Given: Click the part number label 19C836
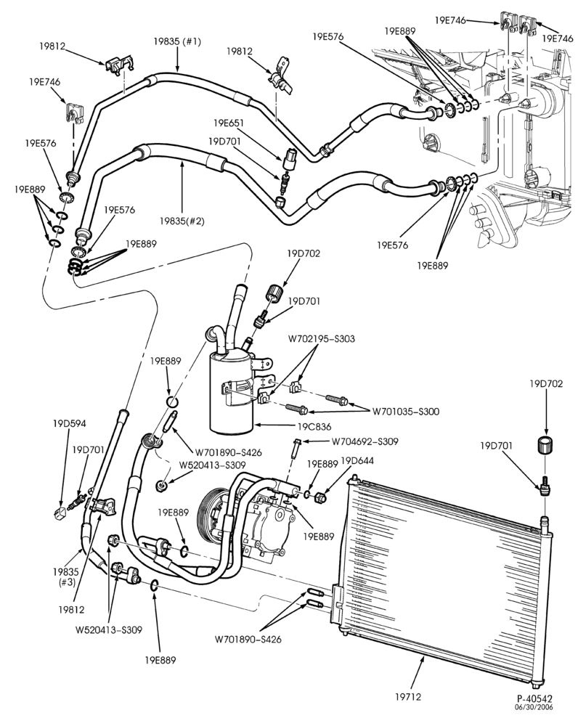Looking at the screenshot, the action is (x=314, y=426).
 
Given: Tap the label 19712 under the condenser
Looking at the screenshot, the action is (x=408, y=696).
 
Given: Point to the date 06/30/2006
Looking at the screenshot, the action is (x=535, y=707).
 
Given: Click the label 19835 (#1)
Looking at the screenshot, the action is (x=178, y=41).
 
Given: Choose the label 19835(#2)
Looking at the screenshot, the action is (x=182, y=221).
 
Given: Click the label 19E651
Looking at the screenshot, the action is (x=229, y=123).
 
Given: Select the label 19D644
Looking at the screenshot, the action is (x=357, y=461).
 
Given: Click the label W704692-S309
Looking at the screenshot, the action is (x=365, y=441).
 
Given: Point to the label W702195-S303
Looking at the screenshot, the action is (x=322, y=338).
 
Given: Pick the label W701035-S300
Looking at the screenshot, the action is (x=406, y=411).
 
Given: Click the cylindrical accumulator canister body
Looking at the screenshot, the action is (x=231, y=393).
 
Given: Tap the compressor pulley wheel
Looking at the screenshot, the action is (x=211, y=517).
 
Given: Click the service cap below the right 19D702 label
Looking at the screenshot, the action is (x=547, y=446).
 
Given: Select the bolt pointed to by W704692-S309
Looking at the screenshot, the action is (x=297, y=447).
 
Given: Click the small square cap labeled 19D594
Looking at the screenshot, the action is (x=60, y=512).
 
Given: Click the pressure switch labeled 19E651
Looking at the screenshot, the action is (x=288, y=158).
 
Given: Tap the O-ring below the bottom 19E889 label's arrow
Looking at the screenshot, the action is (x=155, y=586).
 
